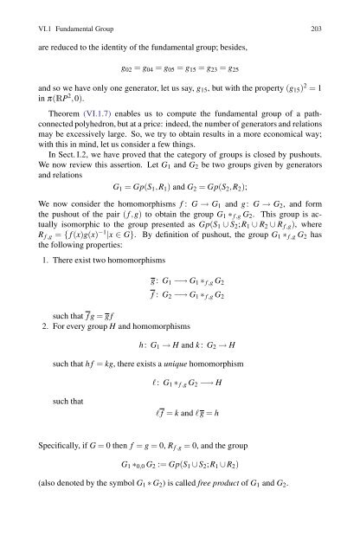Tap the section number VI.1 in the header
pos(35,16)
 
